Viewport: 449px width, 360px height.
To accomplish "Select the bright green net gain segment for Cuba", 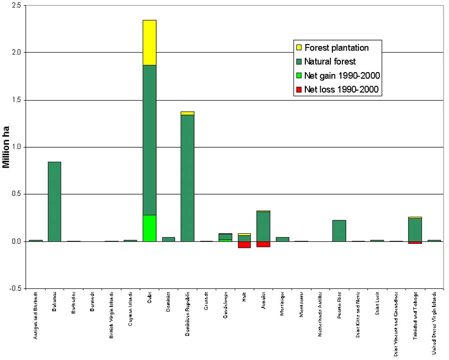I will click(150, 228).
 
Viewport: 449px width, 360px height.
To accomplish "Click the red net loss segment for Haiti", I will click(244, 244).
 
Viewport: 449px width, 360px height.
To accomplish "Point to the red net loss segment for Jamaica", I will click(263, 244).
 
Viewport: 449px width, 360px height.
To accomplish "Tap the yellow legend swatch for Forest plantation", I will click(299, 48).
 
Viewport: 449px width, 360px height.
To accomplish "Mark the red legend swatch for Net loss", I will click(299, 90).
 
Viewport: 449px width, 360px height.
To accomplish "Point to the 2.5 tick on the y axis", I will click(18, 6).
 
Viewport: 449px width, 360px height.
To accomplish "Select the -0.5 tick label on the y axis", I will click(17, 288).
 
